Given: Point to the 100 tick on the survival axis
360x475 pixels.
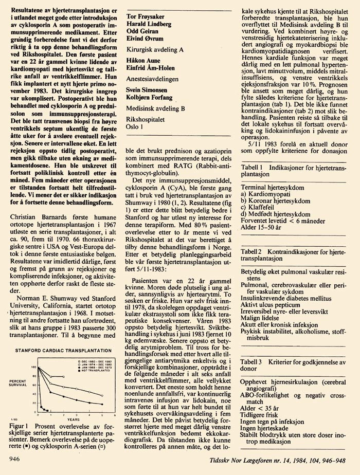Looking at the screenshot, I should pos(34,367).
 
